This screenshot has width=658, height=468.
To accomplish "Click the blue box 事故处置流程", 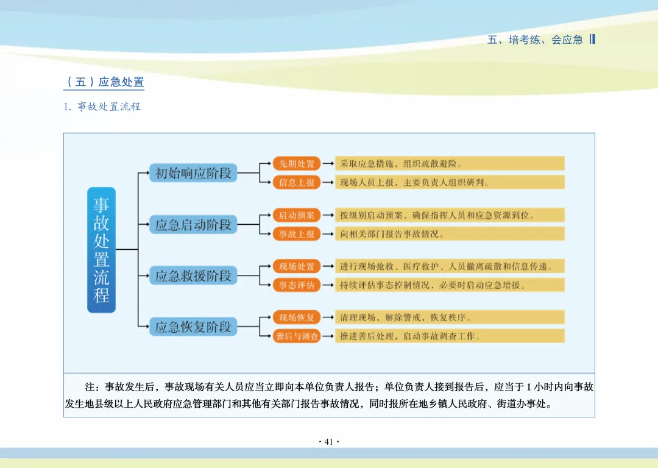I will tap(101, 250).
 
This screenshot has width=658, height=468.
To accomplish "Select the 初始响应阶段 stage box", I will tap(193, 173).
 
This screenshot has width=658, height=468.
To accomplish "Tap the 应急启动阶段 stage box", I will tap(193, 224).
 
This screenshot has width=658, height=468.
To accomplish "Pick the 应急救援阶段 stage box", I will tap(193, 275).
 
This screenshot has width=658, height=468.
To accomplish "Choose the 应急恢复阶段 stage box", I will tap(193, 327).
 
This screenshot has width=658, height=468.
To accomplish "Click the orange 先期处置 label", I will tap(297, 163).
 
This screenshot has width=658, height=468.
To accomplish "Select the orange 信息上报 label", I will tap(297, 182).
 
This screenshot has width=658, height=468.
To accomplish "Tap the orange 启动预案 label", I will tap(297, 215).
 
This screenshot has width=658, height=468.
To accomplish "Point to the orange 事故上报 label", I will tap(297, 233).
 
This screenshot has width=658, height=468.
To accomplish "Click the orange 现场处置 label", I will tap(297, 266).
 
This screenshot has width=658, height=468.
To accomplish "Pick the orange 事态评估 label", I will tap(297, 285).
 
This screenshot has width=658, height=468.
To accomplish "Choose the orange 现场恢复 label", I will tap(297, 317).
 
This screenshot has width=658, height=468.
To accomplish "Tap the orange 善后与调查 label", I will tap(297, 336).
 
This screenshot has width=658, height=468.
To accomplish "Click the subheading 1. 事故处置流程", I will tap(102, 107).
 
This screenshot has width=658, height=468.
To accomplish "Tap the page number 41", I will tap(329, 442).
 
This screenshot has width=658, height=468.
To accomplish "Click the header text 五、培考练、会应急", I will tap(535, 40).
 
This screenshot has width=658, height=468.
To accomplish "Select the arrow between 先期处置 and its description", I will tap(328, 163).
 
